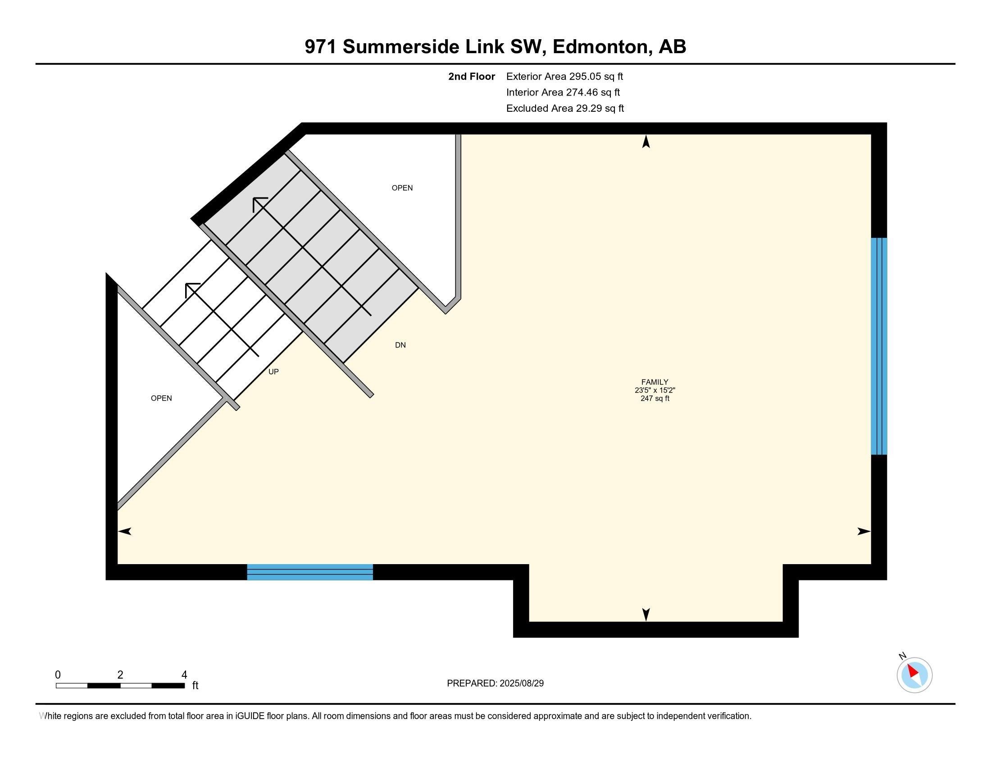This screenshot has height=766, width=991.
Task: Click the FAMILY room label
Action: pyautogui.click(x=655, y=382)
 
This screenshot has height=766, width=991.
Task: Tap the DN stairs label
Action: pyautogui.click(x=400, y=345)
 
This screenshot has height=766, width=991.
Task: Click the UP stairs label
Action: pyautogui.click(x=273, y=372)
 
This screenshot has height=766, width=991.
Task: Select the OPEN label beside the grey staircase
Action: pyautogui.click(x=402, y=188)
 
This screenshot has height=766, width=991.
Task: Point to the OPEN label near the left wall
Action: pyautogui.click(x=161, y=398)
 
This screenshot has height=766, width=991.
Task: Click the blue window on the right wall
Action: pyautogui.click(x=878, y=346)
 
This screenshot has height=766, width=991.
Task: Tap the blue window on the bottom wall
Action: pyautogui.click(x=310, y=572)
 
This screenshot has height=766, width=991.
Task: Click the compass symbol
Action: pyautogui.click(x=914, y=675)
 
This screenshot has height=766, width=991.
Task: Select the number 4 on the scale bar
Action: pyautogui.click(x=184, y=675)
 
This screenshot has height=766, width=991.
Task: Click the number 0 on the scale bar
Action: pyautogui.click(x=58, y=675)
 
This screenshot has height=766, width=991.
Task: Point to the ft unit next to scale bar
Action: pyautogui.click(x=195, y=685)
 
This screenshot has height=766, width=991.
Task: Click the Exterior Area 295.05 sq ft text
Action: pyautogui.click(x=564, y=77)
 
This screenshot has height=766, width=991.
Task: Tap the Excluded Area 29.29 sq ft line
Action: pyautogui.click(x=565, y=109)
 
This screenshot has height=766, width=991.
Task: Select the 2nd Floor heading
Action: pyautogui.click(x=472, y=77)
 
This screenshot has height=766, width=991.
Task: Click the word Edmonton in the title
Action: pyautogui.click(x=600, y=47)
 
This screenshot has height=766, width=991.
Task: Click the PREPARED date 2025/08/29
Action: pyautogui.click(x=495, y=684)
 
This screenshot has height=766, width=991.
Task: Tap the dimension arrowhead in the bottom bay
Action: pyautogui.click(x=646, y=615)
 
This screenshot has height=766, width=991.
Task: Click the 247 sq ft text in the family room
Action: pyautogui.click(x=655, y=399)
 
